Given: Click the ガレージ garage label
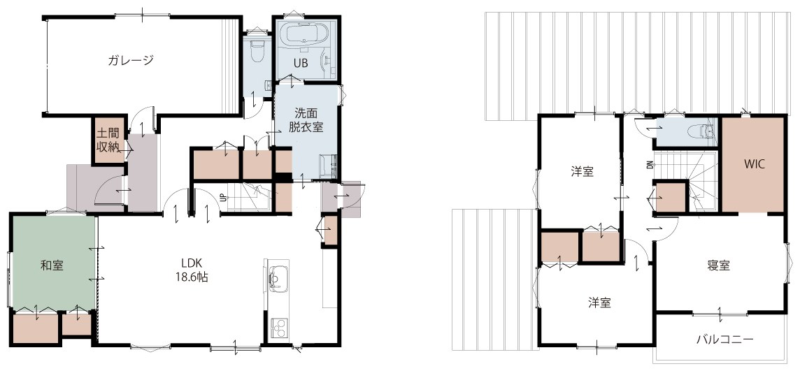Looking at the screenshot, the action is [131, 60].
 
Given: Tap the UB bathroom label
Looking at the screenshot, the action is [299, 64].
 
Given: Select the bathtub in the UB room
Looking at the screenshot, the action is [306, 36].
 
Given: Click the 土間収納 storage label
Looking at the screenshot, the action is [108, 140].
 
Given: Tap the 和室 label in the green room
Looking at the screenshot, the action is [52, 265].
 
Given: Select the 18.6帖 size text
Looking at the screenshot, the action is [192, 278].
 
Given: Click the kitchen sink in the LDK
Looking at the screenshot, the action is [276, 279].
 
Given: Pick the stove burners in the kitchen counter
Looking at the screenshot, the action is [278, 328].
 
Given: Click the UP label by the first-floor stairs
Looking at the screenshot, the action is [223, 198].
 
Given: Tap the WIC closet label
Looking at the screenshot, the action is [753, 165].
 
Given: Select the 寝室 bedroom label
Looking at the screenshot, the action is [718, 265].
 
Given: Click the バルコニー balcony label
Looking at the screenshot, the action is [725, 339].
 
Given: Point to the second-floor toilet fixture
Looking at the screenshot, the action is [701, 133].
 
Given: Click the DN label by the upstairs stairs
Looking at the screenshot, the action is [650, 165].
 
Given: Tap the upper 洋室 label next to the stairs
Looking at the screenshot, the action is [582, 172].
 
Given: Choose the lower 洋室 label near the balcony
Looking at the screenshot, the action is [599, 303].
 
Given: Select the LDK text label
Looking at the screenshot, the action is [192, 263].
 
